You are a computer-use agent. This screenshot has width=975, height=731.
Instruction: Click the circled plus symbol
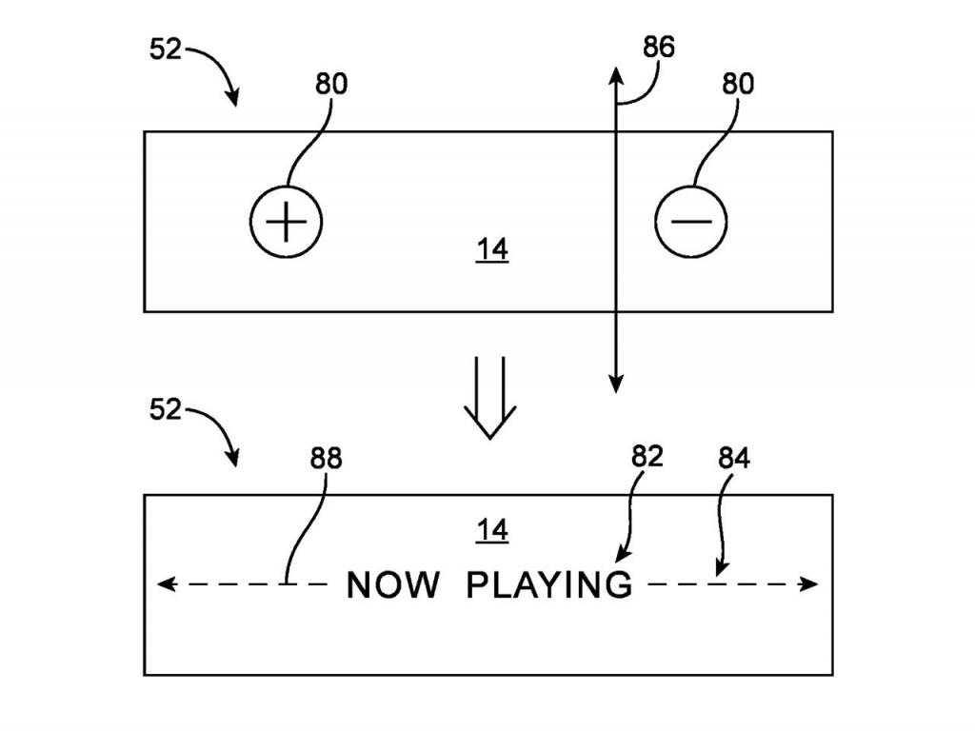click(x=286, y=221)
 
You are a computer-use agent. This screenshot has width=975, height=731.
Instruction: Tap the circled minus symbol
click(x=690, y=221)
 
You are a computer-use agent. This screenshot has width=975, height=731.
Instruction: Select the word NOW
click(x=392, y=584)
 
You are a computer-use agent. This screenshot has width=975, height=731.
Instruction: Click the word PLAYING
click(x=549, y=584)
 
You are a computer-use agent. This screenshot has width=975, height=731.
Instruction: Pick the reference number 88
click(x=326, y=459)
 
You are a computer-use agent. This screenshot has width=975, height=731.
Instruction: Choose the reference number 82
click(x=647, y=456)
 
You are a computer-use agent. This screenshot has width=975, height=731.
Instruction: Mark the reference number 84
click(x=733, y=459)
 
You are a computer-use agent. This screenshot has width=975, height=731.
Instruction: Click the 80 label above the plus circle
click(x=331, y=84)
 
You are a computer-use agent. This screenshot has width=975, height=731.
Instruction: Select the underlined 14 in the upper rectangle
click(x=492, y=249)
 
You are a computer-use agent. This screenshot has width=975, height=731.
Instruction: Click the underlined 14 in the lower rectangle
click(x=492, y=530)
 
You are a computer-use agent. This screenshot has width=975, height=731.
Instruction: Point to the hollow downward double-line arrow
click(x=489, y=400)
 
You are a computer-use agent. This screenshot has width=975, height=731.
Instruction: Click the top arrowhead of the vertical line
click(x=615, y=75)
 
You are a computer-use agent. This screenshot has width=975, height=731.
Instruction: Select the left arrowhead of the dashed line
click(x=165, y=584)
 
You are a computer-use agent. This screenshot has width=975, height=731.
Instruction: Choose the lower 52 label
click(x=166, y=410)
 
